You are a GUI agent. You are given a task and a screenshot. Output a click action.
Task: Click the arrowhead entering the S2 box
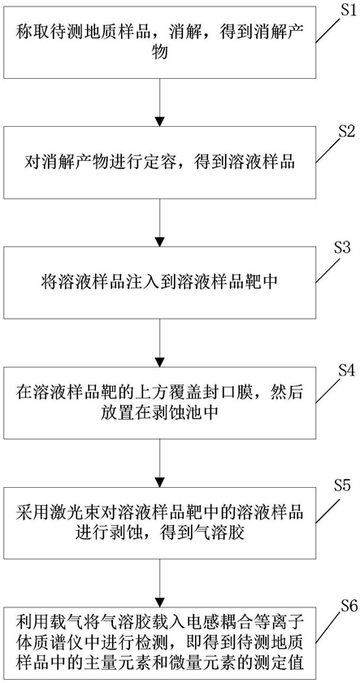[x=160, y=120]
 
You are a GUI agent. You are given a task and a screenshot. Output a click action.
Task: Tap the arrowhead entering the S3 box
[x=160, y=241]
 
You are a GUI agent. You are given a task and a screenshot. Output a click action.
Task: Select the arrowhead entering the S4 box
[x=160, y=361]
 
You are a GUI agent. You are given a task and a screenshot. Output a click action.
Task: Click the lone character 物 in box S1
[x=160, y=54]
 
